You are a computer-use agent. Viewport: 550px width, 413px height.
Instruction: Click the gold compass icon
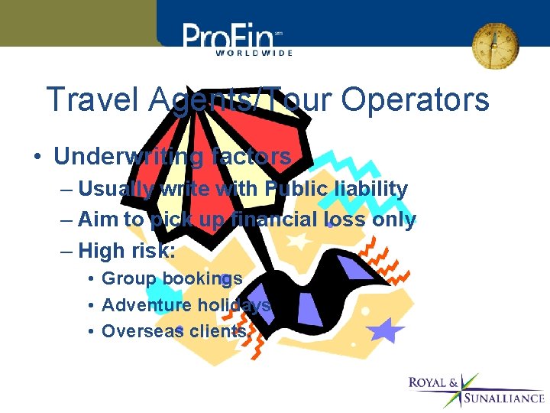(494, 44)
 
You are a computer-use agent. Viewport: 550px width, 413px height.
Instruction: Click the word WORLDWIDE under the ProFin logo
(254, 53)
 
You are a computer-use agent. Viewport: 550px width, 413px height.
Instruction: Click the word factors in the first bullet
(252, 157)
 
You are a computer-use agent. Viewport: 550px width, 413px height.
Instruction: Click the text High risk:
(127, 250)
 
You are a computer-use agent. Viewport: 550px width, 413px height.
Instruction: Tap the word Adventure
(147, 305)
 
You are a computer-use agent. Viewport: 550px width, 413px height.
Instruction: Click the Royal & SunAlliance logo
(476, 389)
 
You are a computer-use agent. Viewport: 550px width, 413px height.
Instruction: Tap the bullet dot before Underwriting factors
(37, 158)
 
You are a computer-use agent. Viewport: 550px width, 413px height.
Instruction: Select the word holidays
(235, 305)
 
